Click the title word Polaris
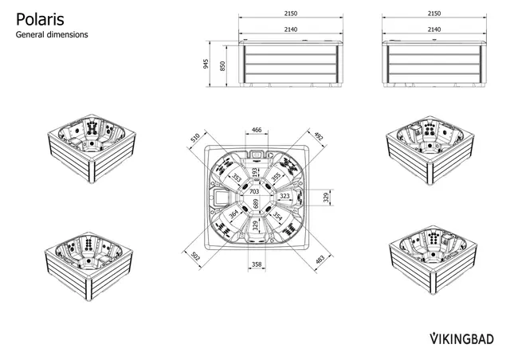coord(40,20)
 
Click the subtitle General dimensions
coord(52,34)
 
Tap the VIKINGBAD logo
coord(461,338)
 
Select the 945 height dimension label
coord(206,64)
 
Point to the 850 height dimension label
coord(222,66)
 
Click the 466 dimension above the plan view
coord(257,130)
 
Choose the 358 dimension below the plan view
coord(257,264)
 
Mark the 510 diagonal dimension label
coord(195,138)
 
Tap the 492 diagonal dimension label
coord(319,136)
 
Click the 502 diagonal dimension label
coord(195,256)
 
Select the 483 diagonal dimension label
coord(320,260)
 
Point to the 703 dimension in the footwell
coord(254,191)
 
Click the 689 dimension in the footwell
coord(256,204)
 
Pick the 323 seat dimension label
coord(284,196)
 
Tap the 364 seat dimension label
coord(233,214)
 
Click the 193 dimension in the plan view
coord(255,172)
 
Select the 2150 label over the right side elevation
coord(434,14)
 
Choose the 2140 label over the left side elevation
coord(291,29)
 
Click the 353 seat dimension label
coord(237,178)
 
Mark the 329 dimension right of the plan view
coord(327,198)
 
